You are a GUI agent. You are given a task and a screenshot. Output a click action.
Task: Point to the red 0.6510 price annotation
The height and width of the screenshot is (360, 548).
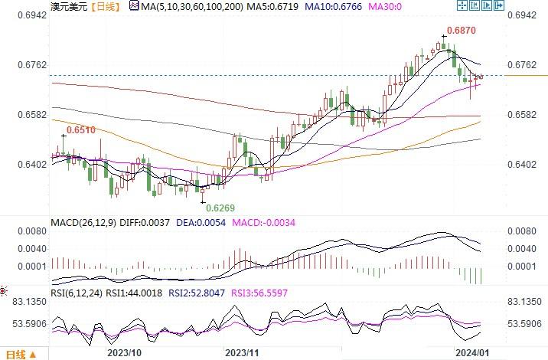(80, 131)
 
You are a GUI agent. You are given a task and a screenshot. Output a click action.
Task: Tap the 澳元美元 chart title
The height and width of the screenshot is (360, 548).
(67, 7)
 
